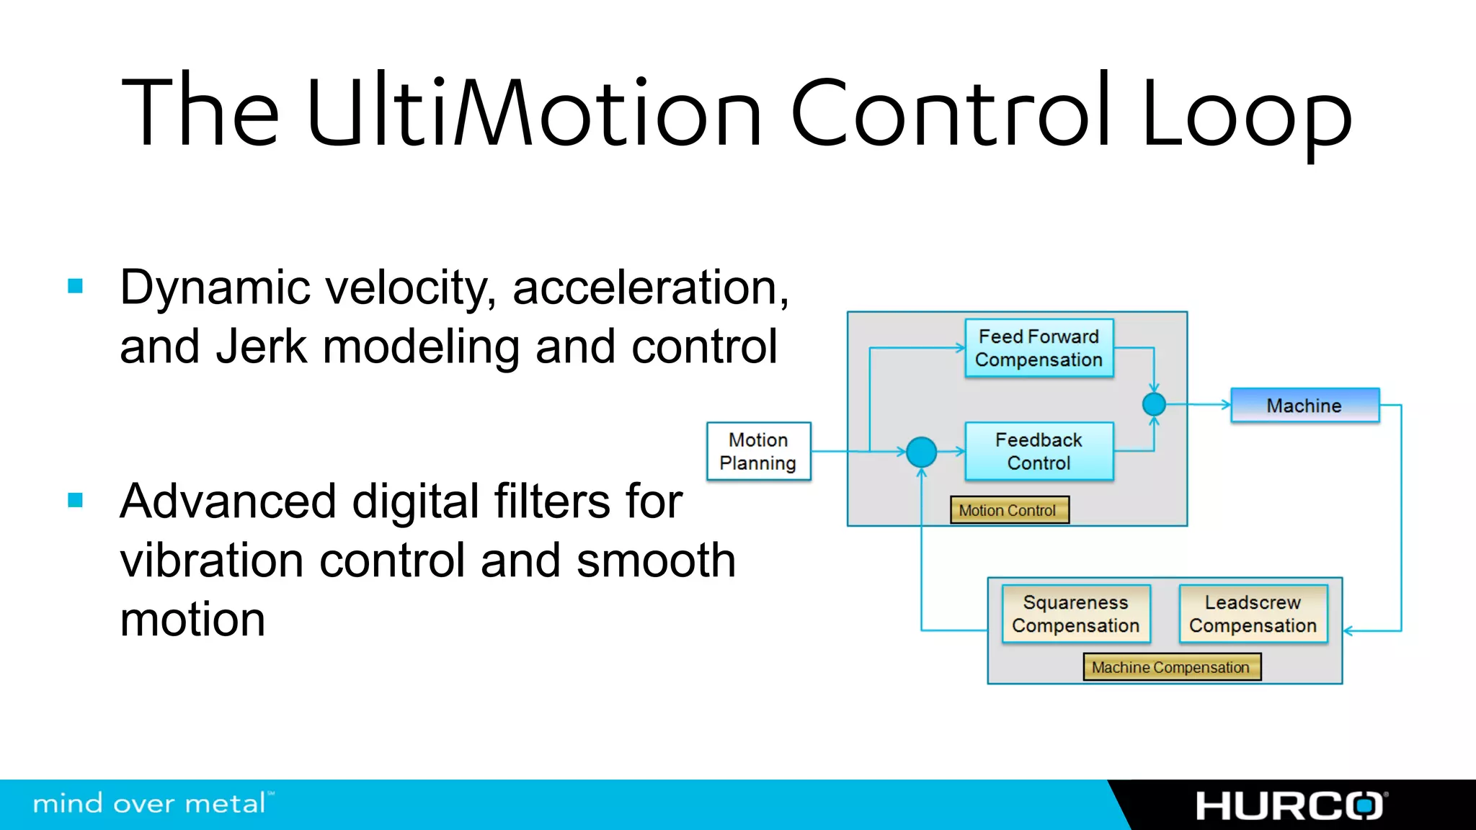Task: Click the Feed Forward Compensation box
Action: [1039, 348]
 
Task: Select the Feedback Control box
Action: [1039, 451]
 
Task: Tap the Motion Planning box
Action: [758, 451]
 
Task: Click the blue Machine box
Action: [1304, 405]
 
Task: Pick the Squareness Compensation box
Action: [1075, 614]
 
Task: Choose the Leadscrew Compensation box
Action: [1253, 614]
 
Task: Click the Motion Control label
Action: [1008, 510]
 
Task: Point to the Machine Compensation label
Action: [1171, 667]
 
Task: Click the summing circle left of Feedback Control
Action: [921, 452]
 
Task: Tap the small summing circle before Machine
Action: [1154, 404]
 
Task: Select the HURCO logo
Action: [1291, 806]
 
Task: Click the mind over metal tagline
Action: [152, 803]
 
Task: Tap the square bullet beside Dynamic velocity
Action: [76, 286]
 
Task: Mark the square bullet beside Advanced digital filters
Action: [76, 500]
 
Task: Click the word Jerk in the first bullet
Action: [262, 347]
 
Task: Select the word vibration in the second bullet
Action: [211, 561]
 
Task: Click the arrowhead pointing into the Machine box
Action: [1225, 405]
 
